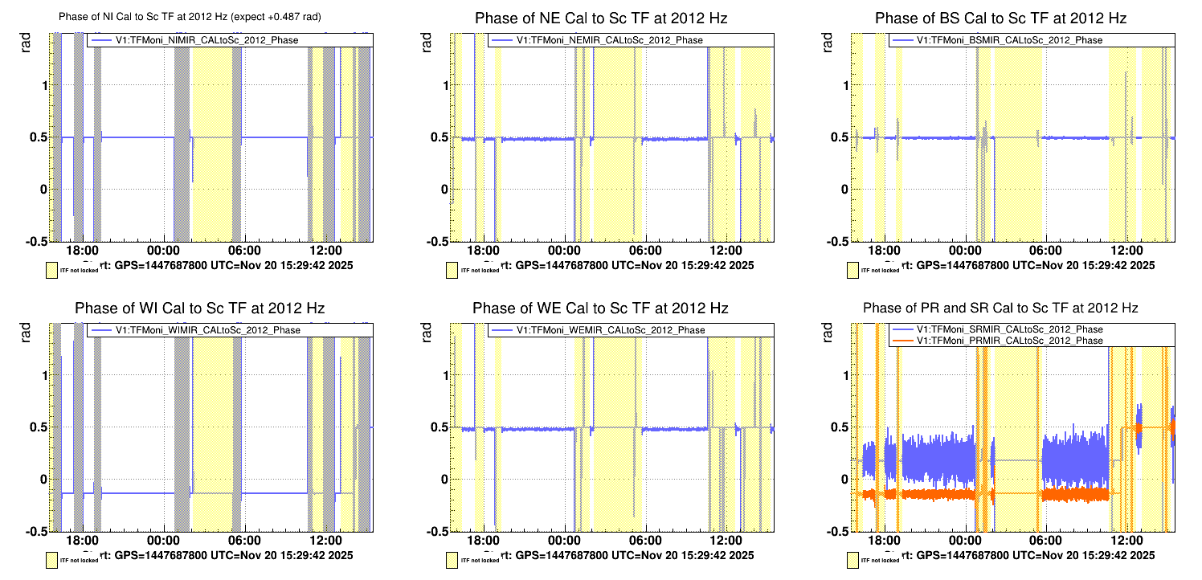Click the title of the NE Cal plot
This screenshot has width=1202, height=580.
[x=601, y=18]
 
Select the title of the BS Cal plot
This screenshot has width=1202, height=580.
[x=1000, y=18]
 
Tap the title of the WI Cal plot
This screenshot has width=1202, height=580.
[x=199, y=308]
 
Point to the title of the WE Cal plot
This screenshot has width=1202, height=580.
[x=600, y=308]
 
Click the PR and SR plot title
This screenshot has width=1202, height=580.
[x=1000, y=308]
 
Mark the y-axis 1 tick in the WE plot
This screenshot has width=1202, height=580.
[x=444, y=375]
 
